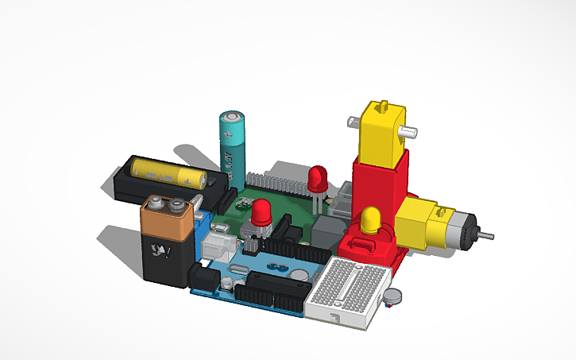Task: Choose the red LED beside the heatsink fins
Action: (319, 179)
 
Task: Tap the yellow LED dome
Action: (370, 219)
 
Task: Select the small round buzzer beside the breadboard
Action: (391, 298)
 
